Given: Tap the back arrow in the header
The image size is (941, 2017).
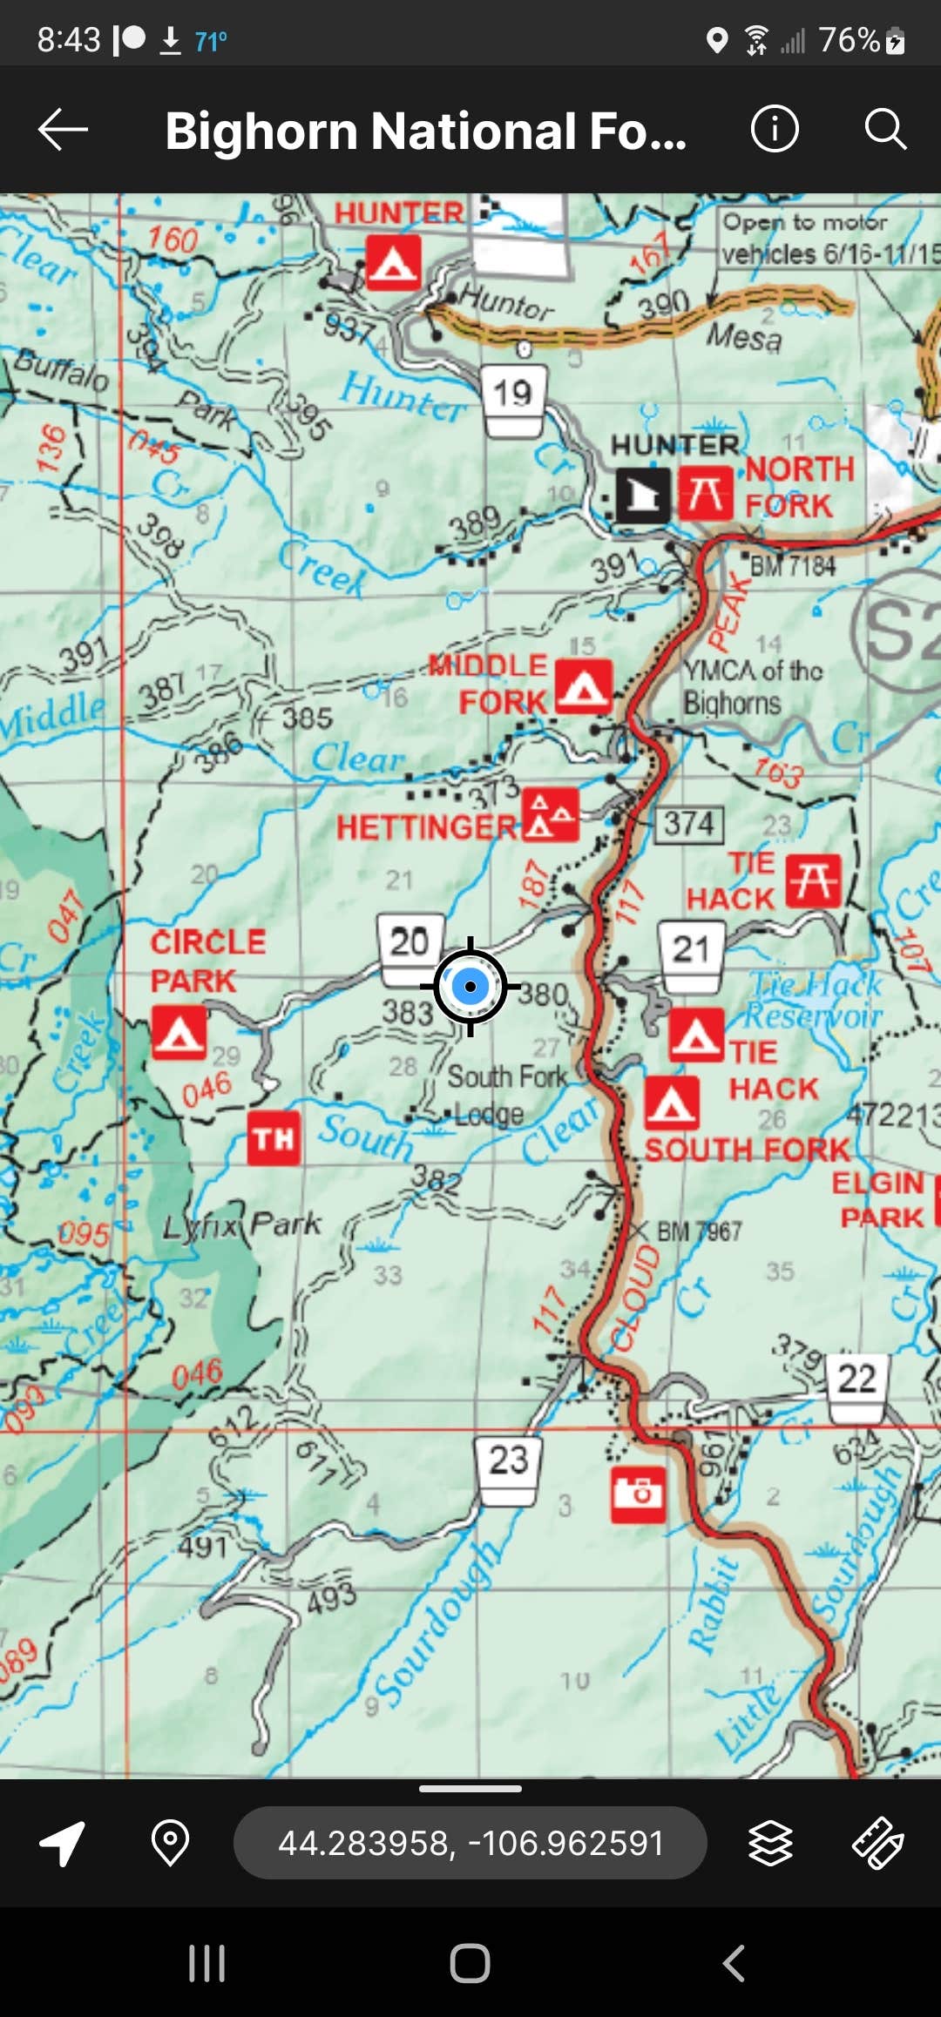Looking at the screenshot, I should (x=63, y=130).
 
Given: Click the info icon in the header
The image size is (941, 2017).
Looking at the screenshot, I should (x=774, y=130).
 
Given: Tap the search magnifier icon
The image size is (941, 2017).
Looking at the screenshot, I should (x=885, y=130).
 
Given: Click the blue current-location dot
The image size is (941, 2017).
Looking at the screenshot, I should (x=470, y=987).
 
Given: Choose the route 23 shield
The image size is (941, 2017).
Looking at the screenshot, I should (x=509, y=1469).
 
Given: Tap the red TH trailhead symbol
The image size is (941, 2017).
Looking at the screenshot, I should (x=274, y=1137).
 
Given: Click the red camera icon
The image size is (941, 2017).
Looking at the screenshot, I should (x=638, y=1494).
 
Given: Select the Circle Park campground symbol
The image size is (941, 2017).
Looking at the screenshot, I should (x=179, y=1033).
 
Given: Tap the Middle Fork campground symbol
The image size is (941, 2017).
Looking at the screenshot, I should (x=583, y=686).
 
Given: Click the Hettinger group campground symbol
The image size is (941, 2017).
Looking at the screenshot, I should (x=551, y=815).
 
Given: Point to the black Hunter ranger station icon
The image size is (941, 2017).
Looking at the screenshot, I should (x=643, y=495).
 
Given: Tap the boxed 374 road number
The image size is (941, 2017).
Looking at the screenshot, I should (x=689, y=824).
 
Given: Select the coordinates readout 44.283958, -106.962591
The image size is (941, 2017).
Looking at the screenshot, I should (x=470, y=1843).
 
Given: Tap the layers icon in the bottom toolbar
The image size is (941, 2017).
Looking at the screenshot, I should (x=770, y=1843).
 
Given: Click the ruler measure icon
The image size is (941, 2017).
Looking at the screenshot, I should (x=877, y=1843).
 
